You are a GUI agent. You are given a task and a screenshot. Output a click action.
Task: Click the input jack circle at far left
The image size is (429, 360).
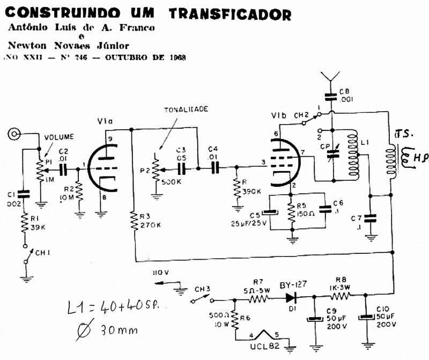click(15, 134)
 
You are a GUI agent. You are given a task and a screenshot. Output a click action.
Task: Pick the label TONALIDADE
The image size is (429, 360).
click(186, 109)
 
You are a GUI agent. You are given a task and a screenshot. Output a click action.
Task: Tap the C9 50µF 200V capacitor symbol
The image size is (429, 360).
click(313, 319)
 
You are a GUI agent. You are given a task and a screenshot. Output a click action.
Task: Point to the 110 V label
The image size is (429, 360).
click(161, 273)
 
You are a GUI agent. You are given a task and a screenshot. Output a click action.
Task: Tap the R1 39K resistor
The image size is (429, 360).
click(24, 223)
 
